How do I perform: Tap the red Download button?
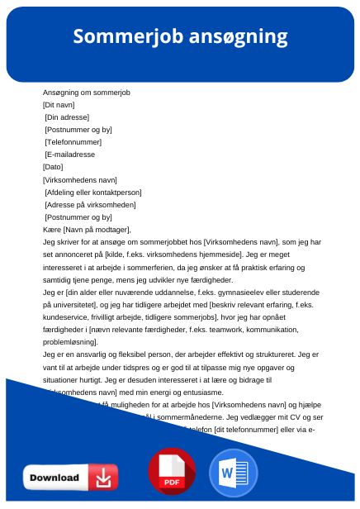tap(70, 477)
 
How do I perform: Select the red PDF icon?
tap(172, 472)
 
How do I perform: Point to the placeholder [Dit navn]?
tap(59, 106)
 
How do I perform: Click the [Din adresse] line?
tap(67, 118)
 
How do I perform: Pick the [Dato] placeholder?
tap(53, 167)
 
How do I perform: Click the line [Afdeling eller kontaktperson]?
tap(93, 192)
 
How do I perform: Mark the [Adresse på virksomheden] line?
tap(90, 204)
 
